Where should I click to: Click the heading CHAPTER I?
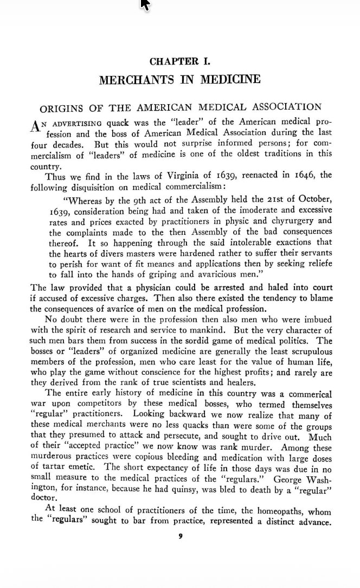click(x=179, y=61)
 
